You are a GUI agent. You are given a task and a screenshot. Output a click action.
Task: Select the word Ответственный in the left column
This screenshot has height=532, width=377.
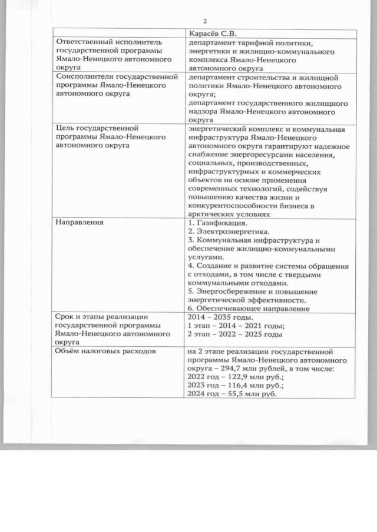(x=84, y=43)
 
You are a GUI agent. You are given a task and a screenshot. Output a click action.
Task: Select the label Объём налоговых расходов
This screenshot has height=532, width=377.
(x=105, y=352)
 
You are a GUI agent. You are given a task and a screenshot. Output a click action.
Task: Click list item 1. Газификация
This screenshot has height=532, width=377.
(x=217, y=223)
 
